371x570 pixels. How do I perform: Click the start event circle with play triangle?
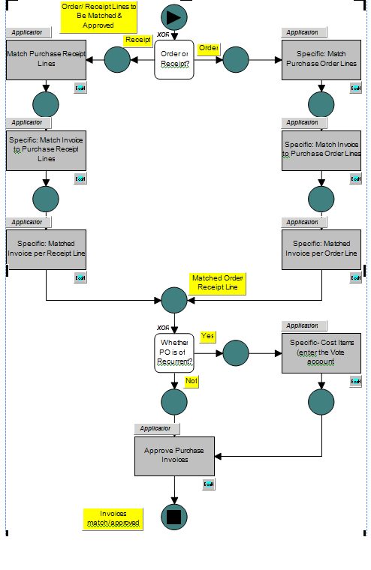tap(173, 16)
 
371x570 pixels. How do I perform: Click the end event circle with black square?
tap(173, 517)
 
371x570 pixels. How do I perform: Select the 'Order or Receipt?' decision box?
tap(174, 59)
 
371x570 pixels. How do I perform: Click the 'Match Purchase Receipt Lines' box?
tap(47, 59)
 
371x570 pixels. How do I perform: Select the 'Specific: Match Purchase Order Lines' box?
tap(321, 59)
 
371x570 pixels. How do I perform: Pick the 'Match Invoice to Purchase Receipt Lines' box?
tap(47, 149)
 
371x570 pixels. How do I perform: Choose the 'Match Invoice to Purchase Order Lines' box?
tap(321, 149)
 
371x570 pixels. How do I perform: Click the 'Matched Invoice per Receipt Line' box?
tap(47, 248)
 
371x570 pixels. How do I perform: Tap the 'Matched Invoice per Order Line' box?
tap(321, 248)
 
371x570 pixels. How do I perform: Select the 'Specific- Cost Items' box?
tap(321, 352)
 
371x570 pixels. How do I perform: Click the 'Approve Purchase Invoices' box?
tap(174, 455)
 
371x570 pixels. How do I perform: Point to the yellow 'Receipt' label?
tap(137, 40)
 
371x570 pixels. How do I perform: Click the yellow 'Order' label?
tap(209, 48)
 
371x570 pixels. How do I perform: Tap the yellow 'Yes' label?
tap(208, 335)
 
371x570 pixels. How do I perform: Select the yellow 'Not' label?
tap(192, 381)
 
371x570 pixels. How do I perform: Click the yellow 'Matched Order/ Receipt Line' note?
tap(217, 283)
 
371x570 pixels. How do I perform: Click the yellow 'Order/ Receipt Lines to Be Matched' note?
tap(99, 16)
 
